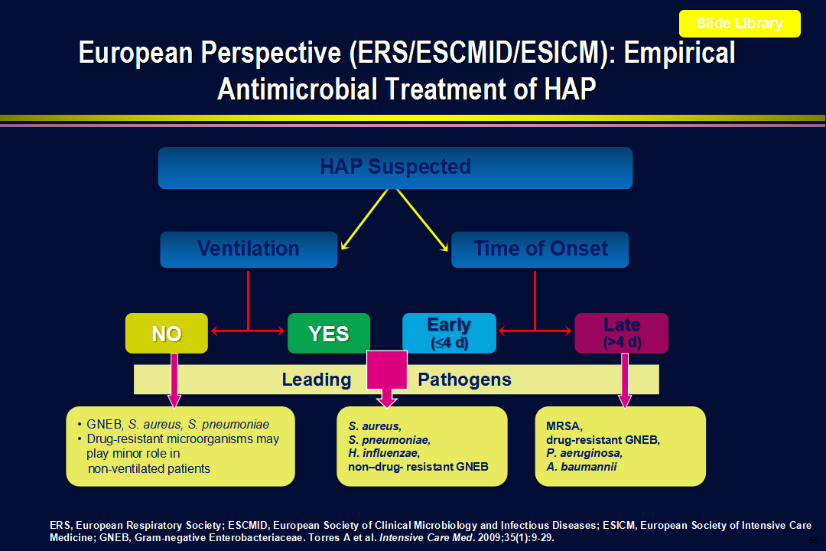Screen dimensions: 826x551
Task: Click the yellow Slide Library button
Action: (740, 24)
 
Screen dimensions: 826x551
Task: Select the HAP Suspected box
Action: (395, 168)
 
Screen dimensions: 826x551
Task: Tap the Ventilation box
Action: (249, 249)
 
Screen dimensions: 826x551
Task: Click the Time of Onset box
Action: (540, 249)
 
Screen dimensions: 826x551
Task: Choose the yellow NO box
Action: (167, 333)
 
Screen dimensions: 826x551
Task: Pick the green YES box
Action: (329, 333)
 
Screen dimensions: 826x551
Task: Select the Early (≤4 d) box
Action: (450, 333)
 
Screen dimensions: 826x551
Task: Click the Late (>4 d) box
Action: (622, 333)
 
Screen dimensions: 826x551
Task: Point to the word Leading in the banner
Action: (317, 380)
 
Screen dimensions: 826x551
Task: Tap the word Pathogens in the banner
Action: (465, 380)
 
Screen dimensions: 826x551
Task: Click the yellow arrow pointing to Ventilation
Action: (365, 220)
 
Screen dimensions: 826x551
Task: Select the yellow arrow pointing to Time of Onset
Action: (422, 220)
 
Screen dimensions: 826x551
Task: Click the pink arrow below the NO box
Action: (174, 380)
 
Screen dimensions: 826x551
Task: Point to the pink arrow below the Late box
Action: (625, 380)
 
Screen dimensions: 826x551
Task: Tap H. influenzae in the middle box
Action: (384, 453)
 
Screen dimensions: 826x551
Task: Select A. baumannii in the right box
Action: (581, 467)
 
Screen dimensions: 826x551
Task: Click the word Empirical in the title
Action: (680, 53)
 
